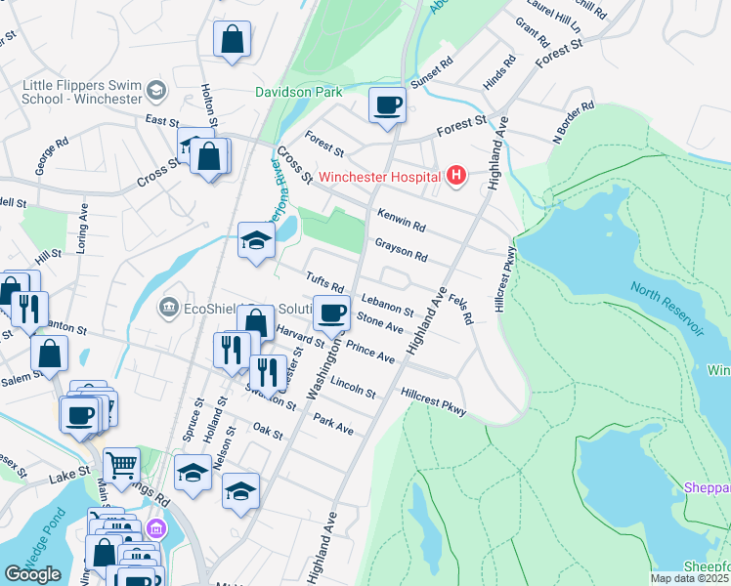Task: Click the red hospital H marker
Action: click(455, 177)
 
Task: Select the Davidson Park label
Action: click(299, 92)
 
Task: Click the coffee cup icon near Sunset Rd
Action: click(388, 105)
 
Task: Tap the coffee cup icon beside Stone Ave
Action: click(331, 313)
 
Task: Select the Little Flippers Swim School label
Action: click(80, 92)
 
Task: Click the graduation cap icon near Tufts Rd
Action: click(256, 240)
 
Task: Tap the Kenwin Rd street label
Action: click(401, 220)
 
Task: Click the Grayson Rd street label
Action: click(401, 250)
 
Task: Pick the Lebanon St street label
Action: click(388, 305)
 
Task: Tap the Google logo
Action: click(33, 573)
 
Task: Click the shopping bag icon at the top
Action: click(233, 41)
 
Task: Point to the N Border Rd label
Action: click(574, 122)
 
